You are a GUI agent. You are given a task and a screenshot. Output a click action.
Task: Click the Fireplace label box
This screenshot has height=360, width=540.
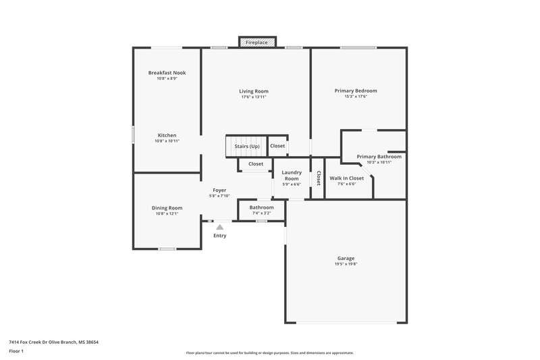point(256,43)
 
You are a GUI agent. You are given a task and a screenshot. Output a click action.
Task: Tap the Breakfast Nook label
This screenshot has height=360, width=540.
point(167,73)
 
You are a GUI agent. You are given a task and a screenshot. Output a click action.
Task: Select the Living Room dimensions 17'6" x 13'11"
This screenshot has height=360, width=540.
point(254,97)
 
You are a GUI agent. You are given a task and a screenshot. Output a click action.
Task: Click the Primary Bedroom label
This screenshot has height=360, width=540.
point(356,91)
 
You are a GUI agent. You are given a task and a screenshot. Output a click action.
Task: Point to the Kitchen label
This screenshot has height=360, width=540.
point(167,135)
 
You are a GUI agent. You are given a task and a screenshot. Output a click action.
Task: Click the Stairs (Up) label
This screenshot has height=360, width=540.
point(246,146)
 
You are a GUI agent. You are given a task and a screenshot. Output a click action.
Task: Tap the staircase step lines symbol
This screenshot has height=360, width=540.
point(233,146)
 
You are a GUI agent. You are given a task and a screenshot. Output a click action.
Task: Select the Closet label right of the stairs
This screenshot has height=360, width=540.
point(277,146)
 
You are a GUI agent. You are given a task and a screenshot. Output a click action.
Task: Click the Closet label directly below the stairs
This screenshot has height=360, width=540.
point(256,164)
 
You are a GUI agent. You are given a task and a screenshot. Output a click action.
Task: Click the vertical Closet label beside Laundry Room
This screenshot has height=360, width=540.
point(318,178)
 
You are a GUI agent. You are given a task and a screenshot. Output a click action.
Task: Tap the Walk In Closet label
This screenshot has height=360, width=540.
point(346,178)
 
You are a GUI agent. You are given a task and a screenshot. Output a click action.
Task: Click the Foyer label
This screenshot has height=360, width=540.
point(219,190)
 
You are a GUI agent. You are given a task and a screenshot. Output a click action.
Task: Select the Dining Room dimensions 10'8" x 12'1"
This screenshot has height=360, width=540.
point(167,214)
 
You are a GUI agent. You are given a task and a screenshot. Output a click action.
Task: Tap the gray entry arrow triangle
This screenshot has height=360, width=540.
point(219,228)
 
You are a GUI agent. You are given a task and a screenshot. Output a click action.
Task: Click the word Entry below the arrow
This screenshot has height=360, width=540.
point(220,236)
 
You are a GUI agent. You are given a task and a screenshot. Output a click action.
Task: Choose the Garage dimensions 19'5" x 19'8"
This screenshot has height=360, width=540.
point(346,265)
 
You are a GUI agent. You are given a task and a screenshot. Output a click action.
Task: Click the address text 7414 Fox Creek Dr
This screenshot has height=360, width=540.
point(33,342)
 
